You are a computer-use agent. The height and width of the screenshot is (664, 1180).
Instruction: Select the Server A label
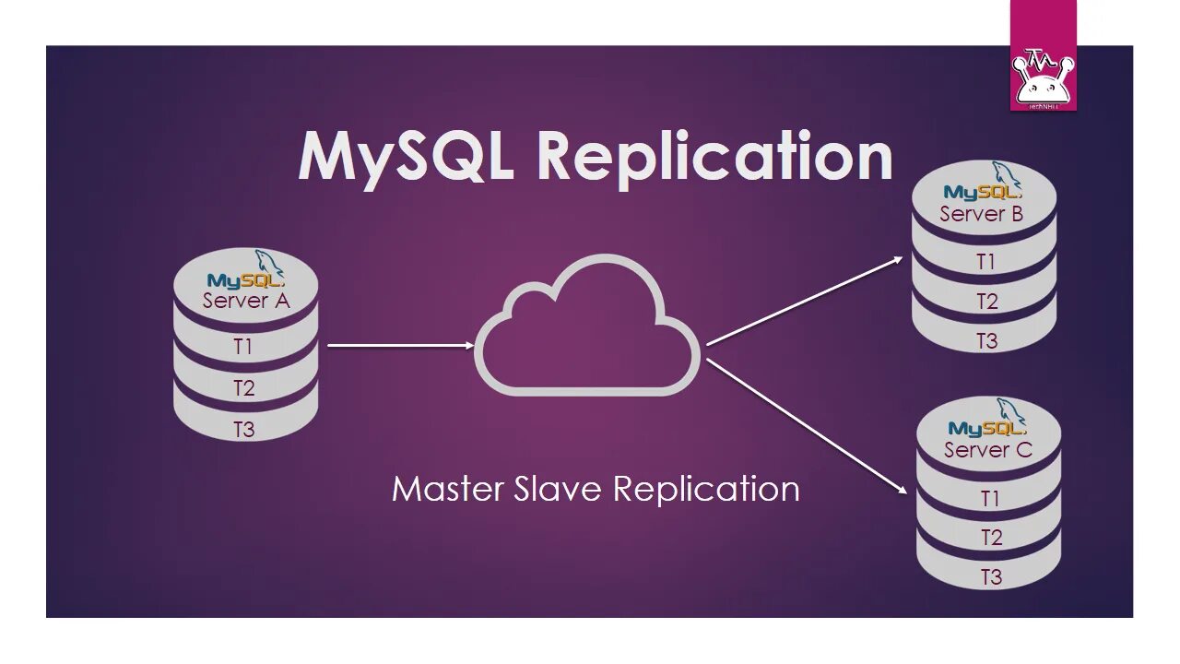point(245,301)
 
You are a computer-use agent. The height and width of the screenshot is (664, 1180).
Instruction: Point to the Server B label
point(982,214)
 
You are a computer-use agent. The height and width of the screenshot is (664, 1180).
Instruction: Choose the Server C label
point(987,450)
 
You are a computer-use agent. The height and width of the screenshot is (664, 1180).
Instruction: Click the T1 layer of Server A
point(243,347)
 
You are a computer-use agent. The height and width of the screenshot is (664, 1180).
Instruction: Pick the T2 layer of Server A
point(243,388)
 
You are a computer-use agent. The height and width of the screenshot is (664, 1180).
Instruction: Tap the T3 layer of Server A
point(243,429)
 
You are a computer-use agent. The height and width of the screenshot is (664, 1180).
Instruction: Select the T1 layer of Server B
point(985,262)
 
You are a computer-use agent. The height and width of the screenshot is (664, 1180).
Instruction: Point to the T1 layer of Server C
point(990,499)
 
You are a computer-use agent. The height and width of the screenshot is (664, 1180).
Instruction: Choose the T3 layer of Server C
point(990,577)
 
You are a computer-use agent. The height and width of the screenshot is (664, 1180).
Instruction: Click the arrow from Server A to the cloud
point(400,346)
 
